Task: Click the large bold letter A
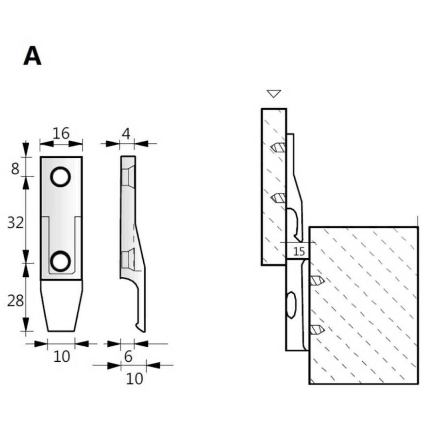click(x=33, y=56)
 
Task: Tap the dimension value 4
click(x=126, y=134)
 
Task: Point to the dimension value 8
click(x=15, y=168)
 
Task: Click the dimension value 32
click(x=16, y=223)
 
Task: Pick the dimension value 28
click(x=16, y=301)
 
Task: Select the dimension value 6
click(x=128, y=356)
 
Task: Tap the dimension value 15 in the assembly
click(x=299, y=252)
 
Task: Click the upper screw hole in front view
click(x=60, y=177)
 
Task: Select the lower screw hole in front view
click(x=60, y=261)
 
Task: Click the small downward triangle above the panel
click(x=274, y=94)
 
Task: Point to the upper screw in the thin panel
click(x=278, y=148)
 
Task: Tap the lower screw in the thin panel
click(x=278, y=198)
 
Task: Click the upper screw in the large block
click(x=318, y=280)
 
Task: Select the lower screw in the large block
click(x=318, y=330)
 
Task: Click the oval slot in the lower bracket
click(x=291, y=305)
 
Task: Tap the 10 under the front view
click(x=62, y=356)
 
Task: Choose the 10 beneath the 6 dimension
click(x=134, y=379)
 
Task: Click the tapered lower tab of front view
click(x=61, y=306)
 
